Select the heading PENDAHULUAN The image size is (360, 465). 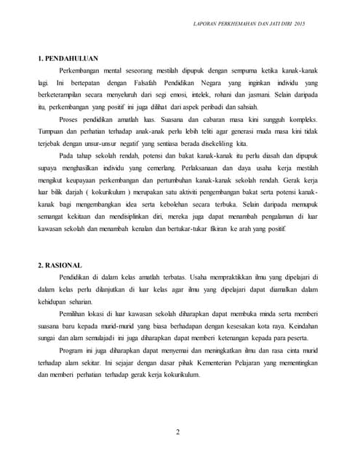(73, 57)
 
